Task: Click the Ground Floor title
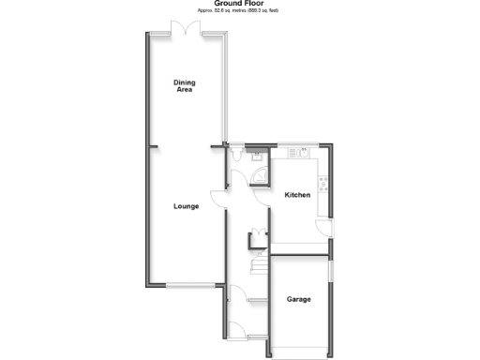[239, 4]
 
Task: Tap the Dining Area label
[185, 86]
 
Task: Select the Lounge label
[185, 206]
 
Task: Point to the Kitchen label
[297, 195]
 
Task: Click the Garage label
[299, 300]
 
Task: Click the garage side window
[331, 268]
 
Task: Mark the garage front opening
[300, 354]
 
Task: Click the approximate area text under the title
[239, 10]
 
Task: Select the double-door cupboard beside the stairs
[253, 236]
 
